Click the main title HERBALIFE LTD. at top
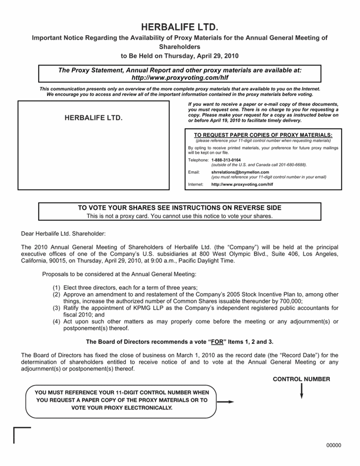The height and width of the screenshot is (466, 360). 180,26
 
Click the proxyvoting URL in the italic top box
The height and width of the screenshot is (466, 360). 180,78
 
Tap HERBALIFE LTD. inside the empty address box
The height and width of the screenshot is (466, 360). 94,119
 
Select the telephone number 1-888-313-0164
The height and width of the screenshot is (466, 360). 226,160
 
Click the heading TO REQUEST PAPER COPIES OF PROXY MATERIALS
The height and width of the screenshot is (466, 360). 263,135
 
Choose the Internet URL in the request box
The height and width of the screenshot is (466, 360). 242,184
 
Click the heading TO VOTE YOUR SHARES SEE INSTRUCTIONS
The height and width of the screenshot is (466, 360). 180,207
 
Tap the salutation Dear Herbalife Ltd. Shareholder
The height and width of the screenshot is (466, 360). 63,233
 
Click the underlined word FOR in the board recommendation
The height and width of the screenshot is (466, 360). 216,342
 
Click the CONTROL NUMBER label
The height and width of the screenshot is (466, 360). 302,379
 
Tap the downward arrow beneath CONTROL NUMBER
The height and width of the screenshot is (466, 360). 301,391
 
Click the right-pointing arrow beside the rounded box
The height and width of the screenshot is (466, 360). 226,402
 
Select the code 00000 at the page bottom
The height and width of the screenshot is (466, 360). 334,445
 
